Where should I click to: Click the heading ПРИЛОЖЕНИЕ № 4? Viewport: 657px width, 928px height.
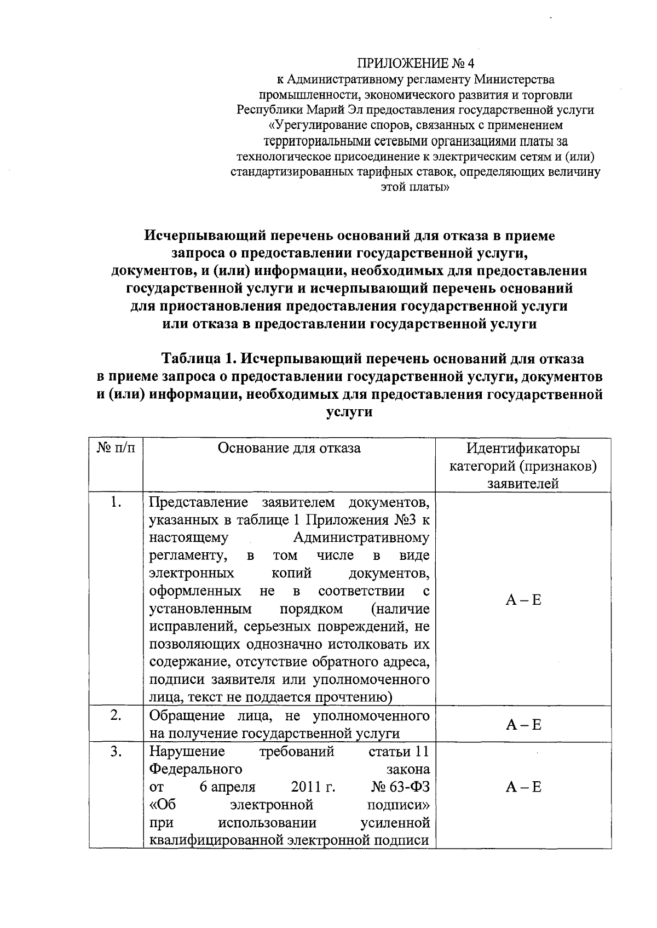(x=415, y=64)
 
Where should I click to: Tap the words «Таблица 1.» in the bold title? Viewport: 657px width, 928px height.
(x=198, y=359)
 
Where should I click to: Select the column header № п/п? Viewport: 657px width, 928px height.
(x=116, y=448)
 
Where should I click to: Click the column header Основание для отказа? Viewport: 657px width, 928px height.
(x=289, y=448)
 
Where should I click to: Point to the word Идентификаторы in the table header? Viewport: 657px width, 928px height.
(x=523, y=449)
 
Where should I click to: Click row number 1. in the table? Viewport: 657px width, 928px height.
(x=116, y=502)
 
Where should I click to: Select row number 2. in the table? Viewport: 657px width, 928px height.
(x=116, y=715)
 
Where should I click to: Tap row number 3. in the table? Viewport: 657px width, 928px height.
(x=116, y=752)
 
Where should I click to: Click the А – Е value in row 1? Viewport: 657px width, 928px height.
(x=523, y=600)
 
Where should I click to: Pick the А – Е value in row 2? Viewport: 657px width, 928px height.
(x=523, y=725)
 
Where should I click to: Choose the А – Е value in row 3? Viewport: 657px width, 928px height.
(x=523, y=787)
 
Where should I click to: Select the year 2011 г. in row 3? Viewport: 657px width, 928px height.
(x=313, y=787)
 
